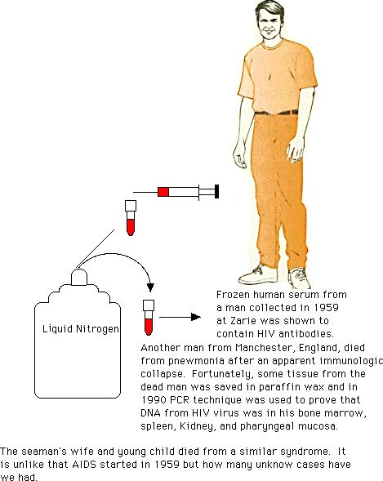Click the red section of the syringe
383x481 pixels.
point(163,192)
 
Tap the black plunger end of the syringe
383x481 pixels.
point(216,191)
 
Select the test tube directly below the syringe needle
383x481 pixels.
point(131,218)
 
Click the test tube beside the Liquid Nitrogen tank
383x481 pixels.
point(149,318)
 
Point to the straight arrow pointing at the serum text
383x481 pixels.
point(180,317)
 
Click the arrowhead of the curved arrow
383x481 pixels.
point(150,287)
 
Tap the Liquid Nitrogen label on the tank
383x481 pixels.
point(81,329)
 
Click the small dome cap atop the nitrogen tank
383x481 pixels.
point(79,277)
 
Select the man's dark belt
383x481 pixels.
point(276,113)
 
